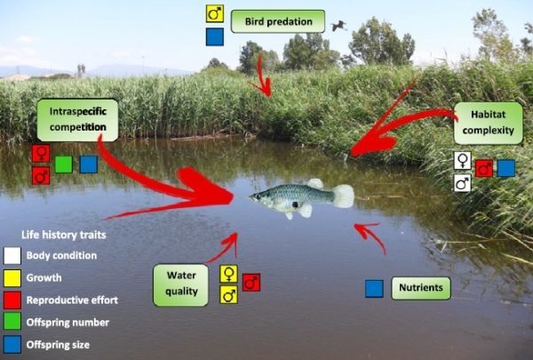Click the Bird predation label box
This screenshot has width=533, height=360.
pos(277,21)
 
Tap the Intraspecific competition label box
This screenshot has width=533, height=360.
pos(77,120)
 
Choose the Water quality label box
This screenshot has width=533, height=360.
pos(181,284)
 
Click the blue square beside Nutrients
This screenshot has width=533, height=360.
pos(374,289)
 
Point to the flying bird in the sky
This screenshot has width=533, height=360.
pos(338,26)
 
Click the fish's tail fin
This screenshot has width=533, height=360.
pos(342,196)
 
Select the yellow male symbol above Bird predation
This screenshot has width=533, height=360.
pos(214,14)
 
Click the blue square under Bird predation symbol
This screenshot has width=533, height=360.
pos(214,37)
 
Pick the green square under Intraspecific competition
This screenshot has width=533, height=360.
pos(64,164)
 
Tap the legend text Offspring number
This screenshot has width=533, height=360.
pos(68,322)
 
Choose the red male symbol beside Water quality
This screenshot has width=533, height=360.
pos(251,283)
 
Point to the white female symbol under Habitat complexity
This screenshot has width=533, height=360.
pos(462,161)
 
